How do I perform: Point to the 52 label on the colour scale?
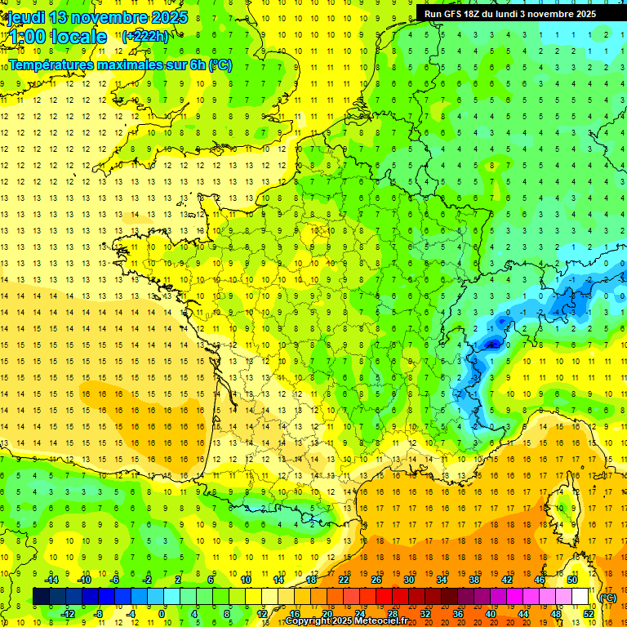589,614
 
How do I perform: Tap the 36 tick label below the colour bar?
458,614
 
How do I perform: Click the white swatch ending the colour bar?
580,596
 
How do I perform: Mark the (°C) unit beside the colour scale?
608,598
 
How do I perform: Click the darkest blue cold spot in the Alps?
491,344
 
